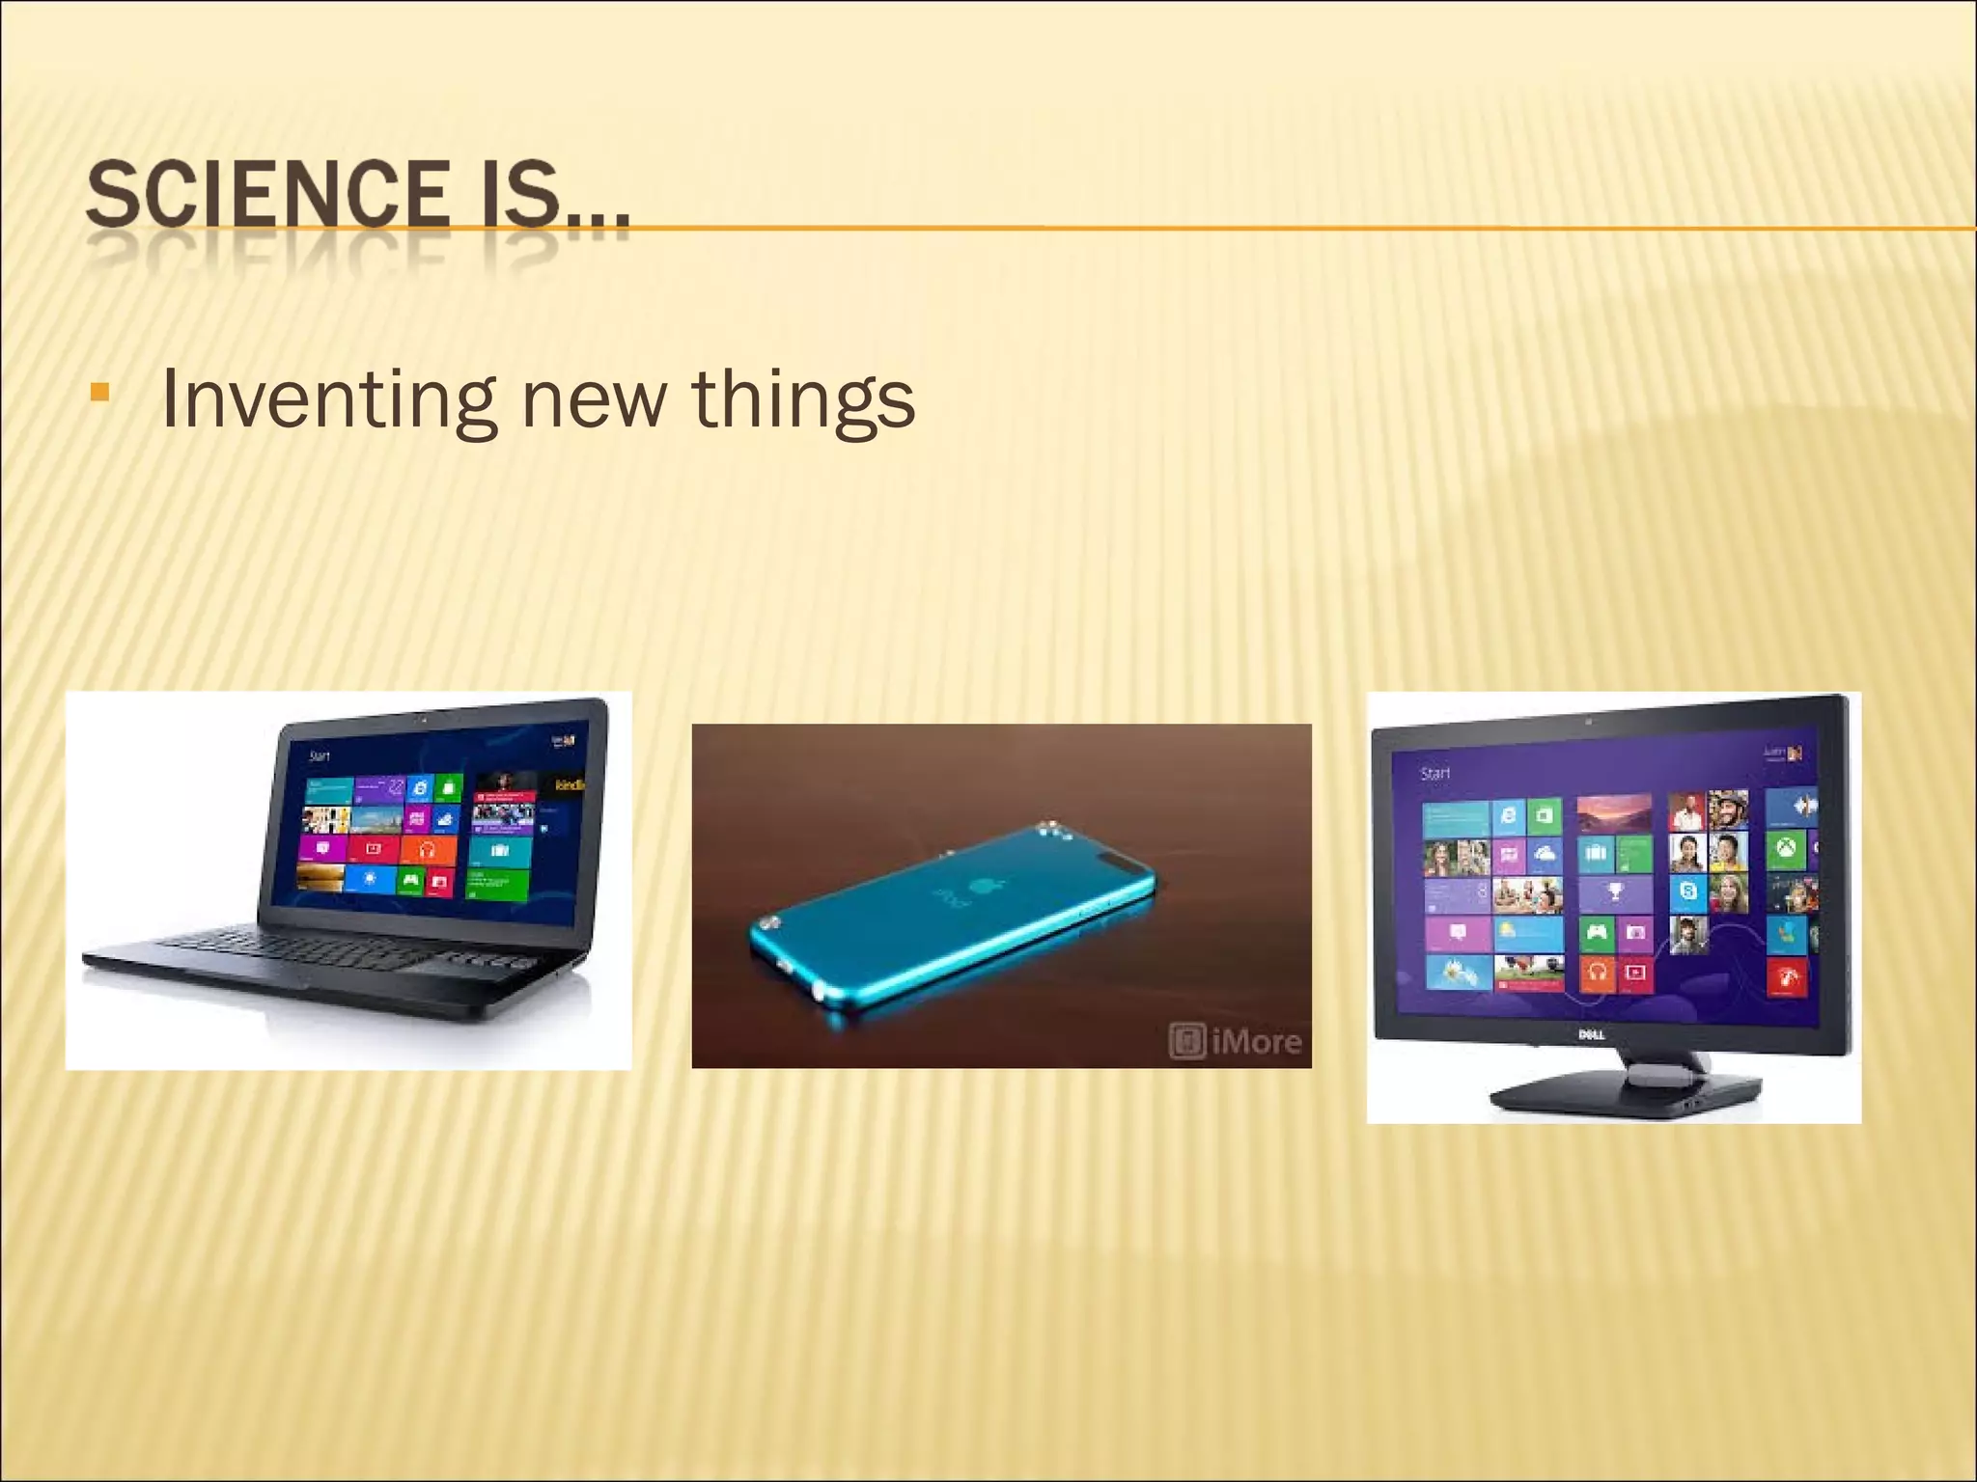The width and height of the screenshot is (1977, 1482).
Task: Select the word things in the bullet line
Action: pos(803,399)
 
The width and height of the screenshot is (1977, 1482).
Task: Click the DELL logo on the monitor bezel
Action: pos(1592,1034)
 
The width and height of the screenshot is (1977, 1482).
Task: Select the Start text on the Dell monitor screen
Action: pos(1435,773)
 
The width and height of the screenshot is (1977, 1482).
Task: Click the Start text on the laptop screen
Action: pos(320,756)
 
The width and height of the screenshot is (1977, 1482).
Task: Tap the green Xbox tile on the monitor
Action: pos(1785,849)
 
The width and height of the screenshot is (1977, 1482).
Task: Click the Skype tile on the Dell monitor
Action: pos(1687,892)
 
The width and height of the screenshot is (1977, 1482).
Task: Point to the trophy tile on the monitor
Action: pos(1615,892)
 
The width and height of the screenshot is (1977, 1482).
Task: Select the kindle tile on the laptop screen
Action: pos(570,785)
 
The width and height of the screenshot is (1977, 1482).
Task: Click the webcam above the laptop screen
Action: pos(424,720)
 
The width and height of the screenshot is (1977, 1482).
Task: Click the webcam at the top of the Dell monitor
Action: pos(1588,721)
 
